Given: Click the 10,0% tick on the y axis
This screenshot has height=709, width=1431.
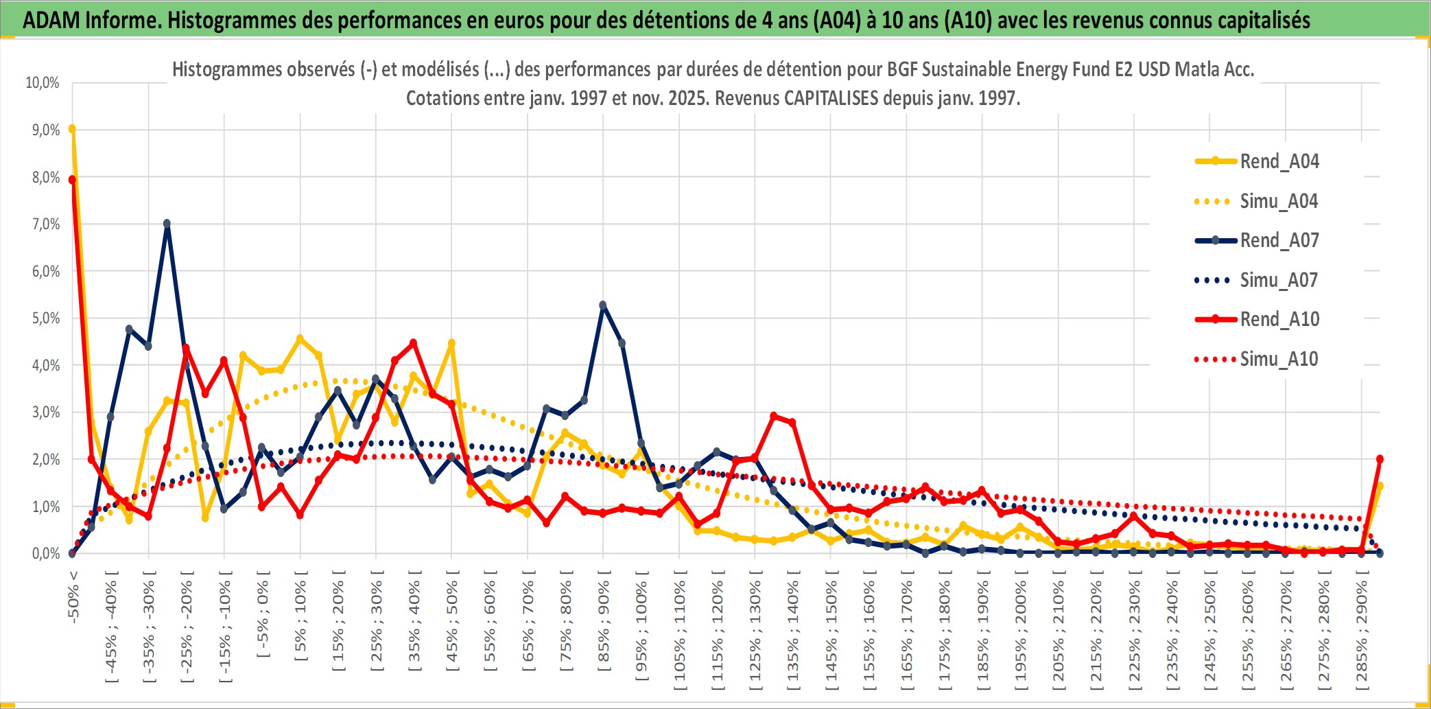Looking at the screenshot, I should pos(43,83).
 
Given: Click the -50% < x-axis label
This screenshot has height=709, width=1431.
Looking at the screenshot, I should pos(73,597).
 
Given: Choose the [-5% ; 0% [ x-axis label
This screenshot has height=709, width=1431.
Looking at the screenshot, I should pos(263,614).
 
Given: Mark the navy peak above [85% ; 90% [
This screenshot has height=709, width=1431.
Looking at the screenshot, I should pos(603,305).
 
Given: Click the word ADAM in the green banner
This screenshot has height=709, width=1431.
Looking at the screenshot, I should pos(51,21).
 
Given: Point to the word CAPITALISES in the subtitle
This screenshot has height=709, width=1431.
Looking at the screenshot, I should pos(831,99).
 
